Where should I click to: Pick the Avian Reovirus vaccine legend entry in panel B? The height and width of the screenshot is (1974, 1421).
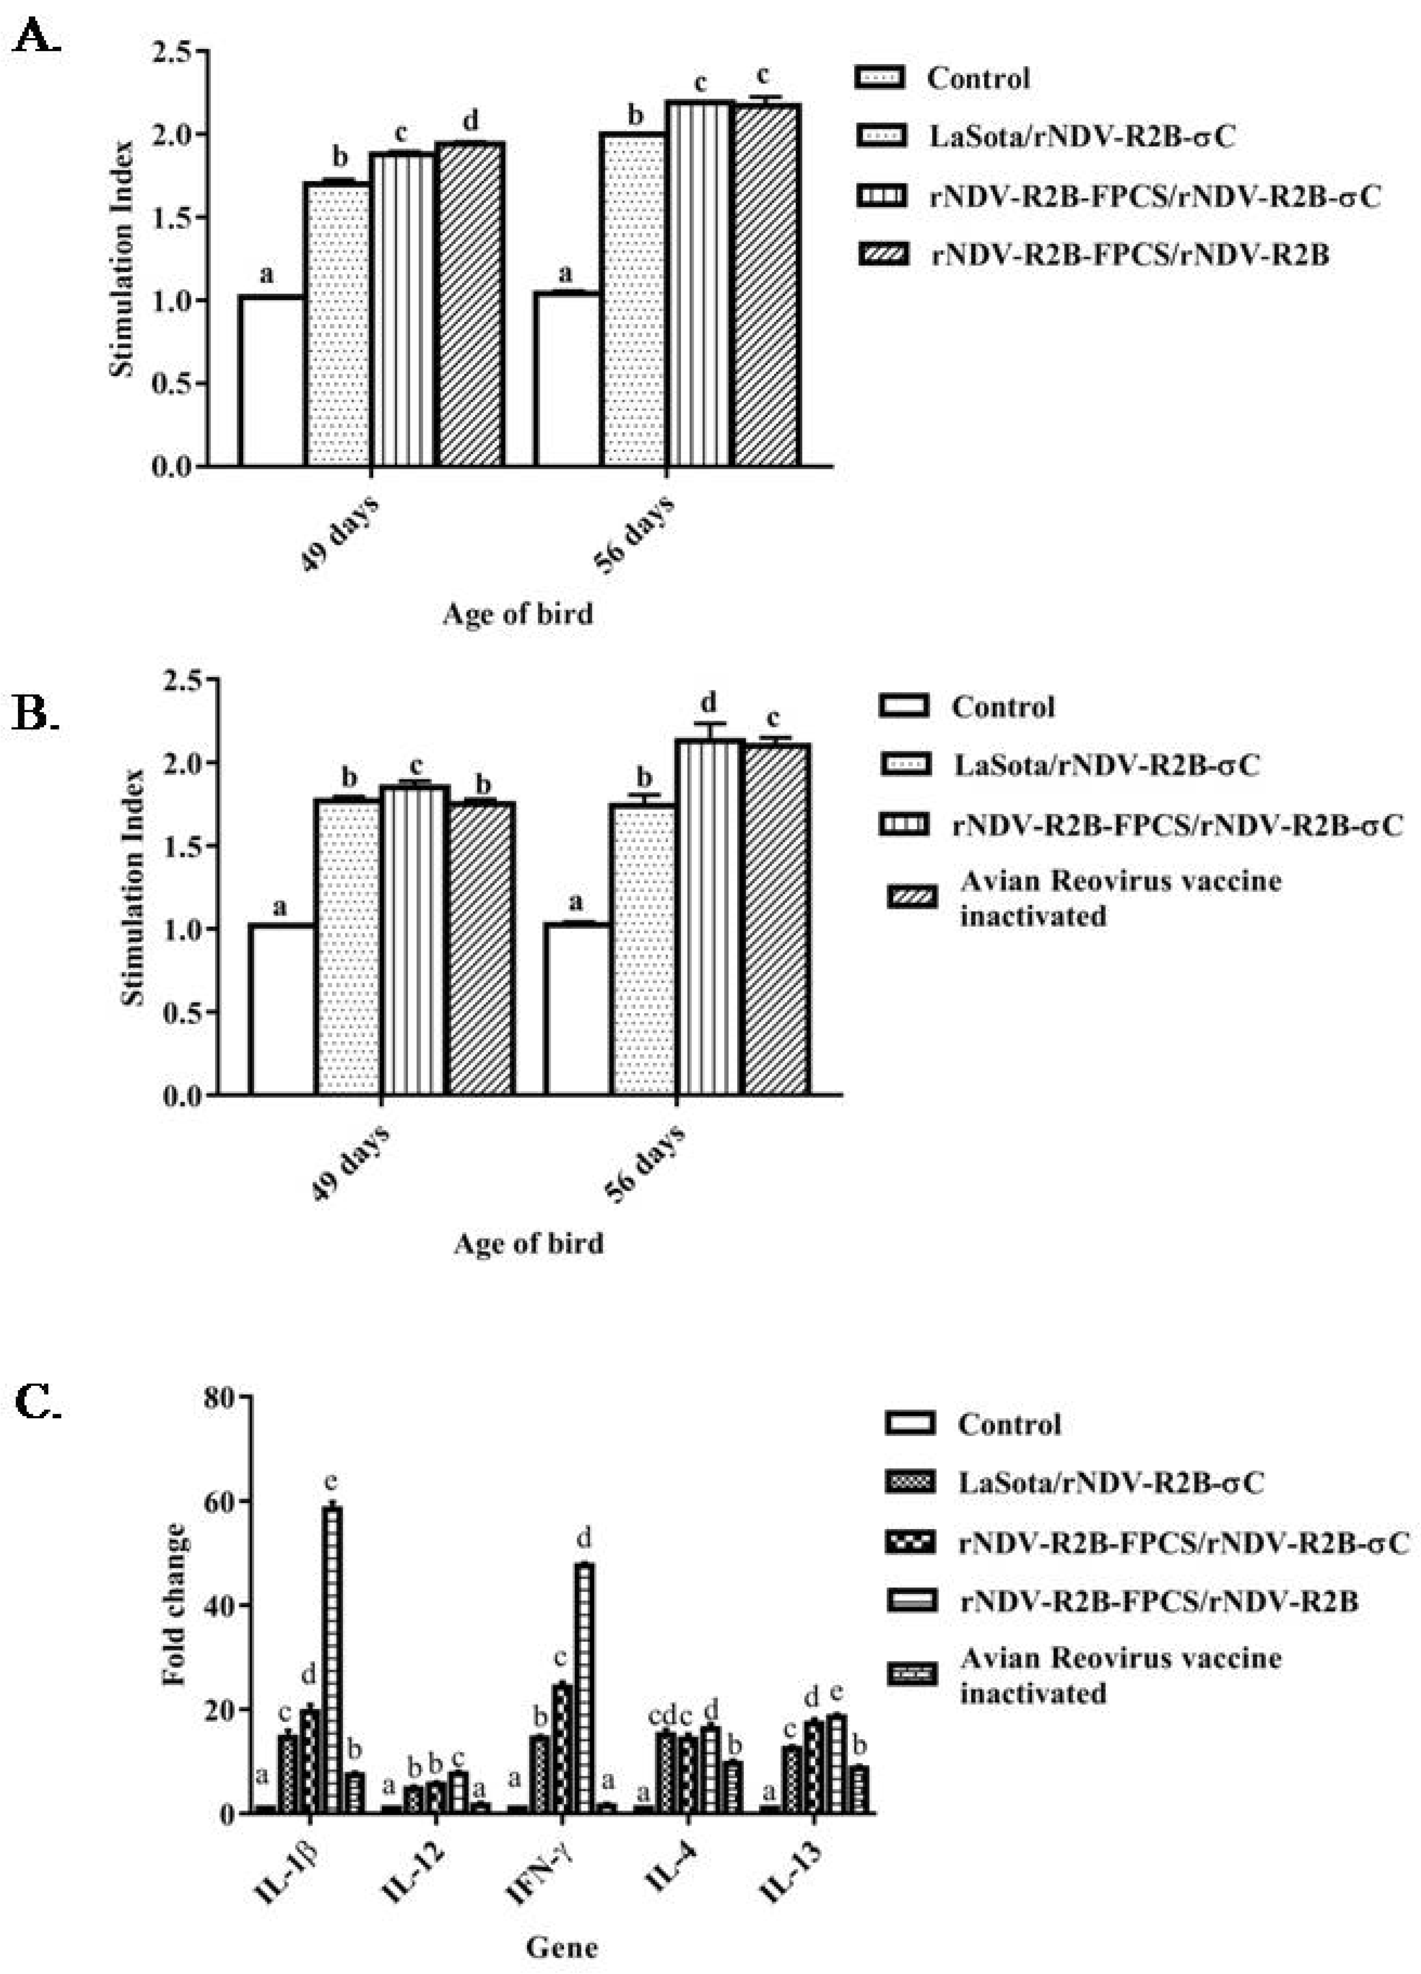point(1120,898)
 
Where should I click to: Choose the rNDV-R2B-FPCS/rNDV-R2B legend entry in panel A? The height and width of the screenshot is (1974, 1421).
point(1130,255)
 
